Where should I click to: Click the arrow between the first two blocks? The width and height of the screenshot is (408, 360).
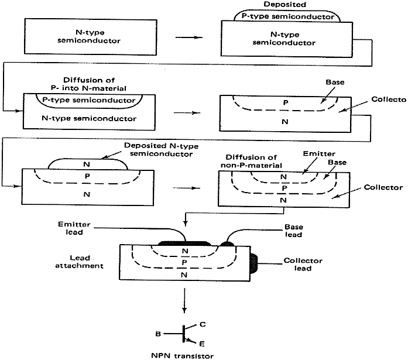(187, 39)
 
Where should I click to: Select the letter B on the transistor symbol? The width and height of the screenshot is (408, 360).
(158, 334)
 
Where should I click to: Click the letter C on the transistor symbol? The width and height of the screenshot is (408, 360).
(203, 323)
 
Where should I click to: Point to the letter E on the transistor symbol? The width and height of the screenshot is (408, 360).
(203, 344)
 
